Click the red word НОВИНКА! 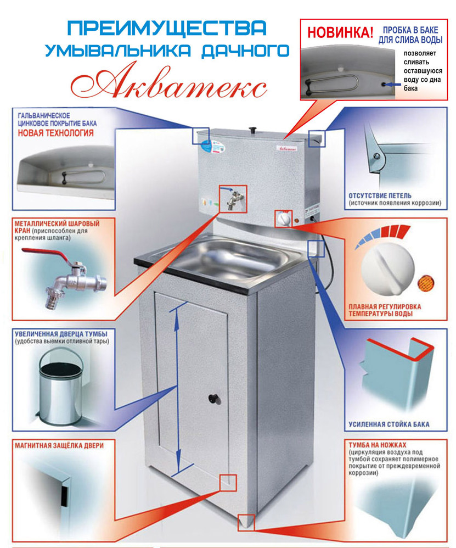tap(340, 32)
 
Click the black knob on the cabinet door tap(213, 399)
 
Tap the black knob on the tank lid tap(253, 130)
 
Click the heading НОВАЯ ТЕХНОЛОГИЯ tap(55, 133)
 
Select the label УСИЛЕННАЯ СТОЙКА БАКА tap(389, 424)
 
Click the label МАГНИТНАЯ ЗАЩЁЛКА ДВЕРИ tap(59, 446)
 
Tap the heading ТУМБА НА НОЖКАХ tap(378, 445)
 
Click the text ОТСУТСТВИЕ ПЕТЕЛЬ tap(380, 195)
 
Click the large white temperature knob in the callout tap(387, 269)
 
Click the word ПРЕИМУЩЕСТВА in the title tap(167, 29)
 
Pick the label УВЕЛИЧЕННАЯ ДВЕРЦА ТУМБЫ tap(61, 334)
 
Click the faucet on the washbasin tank tap(233, 199)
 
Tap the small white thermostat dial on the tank tap(284, 220)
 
